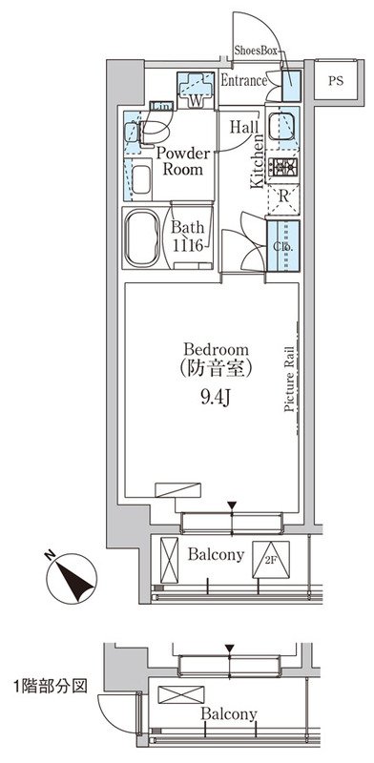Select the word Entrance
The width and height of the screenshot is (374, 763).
pos(244,81)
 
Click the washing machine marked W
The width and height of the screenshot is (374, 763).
pos(195,91)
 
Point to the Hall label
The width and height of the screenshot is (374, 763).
pos(244,128)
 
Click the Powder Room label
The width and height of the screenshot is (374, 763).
pos(182,161)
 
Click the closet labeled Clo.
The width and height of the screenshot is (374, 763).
pos(282,246)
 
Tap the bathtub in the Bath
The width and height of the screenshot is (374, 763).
pos(142,238)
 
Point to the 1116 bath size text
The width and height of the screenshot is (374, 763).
pos(187,246)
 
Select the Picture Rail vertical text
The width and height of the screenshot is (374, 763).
pos(289,379)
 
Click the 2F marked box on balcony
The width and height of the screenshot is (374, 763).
pos(271,560)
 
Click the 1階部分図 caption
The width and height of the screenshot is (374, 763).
pos(51,687)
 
